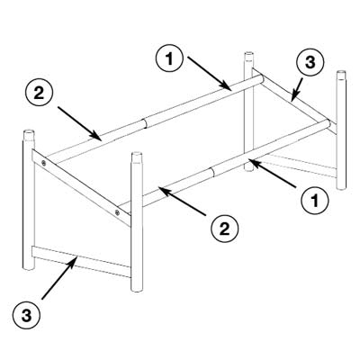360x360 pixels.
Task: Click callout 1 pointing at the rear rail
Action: (x=169, y=59)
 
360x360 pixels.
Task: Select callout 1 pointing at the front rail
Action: (x=315, y=201)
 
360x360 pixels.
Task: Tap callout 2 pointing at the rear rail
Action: (x=39, y=94)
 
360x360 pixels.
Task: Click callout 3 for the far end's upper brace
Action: (x=310, y=62)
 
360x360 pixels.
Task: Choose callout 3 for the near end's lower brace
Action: (x=27, y=316)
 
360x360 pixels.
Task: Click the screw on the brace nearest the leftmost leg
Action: (x=44, y=163)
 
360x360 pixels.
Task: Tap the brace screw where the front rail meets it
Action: (x=117, y=212)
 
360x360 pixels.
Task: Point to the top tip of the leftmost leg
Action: (x=29, y=131)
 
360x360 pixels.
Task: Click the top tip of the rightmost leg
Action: (x=341, y=72)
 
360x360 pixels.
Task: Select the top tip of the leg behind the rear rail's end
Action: (x=248, y=54)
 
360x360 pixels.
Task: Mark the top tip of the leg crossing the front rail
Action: (x=137, y=154)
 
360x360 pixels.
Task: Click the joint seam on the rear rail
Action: (x=145, y=123)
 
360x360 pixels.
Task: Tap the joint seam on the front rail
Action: (x=213, y=172)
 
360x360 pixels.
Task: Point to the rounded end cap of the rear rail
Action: (x=261, y=79)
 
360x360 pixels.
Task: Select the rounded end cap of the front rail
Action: (x=328, y=124)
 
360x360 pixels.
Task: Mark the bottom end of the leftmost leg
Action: (x=29, y=267)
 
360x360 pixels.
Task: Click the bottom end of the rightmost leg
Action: (x=341, y=187)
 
